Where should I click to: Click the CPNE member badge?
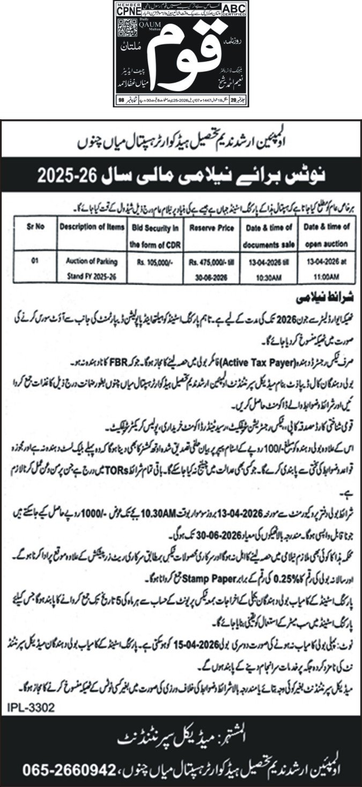coord(128,9)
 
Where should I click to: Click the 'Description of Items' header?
coord(88,227)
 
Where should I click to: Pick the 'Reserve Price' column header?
coord(211,228)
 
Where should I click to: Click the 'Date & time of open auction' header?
coord(326,235)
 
